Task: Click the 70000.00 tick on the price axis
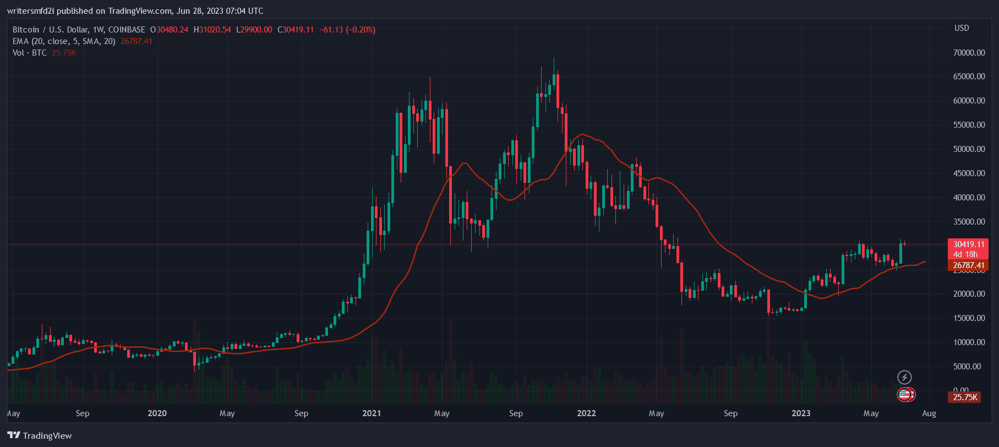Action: (x=969, y=53)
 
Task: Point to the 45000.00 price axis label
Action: (x=969, y=173)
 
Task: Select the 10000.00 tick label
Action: (x=969, y=342)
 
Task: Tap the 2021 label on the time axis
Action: (x=372, y=413)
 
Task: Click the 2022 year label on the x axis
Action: (x=586, y=413)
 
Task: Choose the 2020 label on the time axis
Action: (x=157, y=413)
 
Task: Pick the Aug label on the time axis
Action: (x=929, y=413)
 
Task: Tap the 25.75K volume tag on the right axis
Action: (x=965, y=397)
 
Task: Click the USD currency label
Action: (x=962, y=28)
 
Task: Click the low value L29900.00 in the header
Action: (x=254, y=30)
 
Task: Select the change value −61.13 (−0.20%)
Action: (x=347, y=30)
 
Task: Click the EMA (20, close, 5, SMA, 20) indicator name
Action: (x=64, y=41)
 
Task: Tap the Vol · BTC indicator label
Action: (x=29, y=53)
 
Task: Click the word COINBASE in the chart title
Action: (x=127, y=30)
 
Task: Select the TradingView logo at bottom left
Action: (x=40, y=435)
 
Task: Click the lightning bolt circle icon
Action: (x=904, y=377)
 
